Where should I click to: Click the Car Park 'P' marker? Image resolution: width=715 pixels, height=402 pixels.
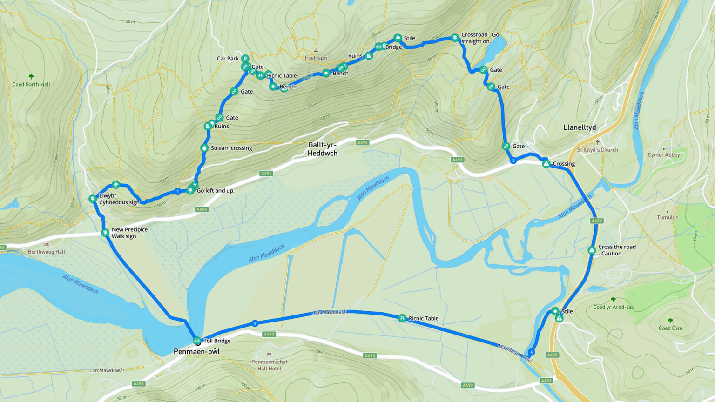pyautogui.click(x=245, y=59)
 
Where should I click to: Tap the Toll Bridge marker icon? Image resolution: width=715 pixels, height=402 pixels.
pyautogui.click(x=197, y=341)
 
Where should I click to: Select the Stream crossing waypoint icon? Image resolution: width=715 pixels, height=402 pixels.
pyautogui.click(x=204, y=148)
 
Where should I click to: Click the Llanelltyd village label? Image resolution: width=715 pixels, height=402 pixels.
pyautogui.click(x=580, y=127)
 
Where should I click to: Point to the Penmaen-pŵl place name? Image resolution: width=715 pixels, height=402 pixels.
pyautogui.click(x=196, y=352)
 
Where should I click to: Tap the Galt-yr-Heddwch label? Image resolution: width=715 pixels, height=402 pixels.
pyautogui.click(x=322, y=149)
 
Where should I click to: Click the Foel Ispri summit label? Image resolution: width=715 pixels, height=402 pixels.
pyautogui.click(x=316, y=58)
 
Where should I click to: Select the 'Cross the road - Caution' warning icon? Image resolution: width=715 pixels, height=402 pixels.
pyautogui.click(x=592, y=250)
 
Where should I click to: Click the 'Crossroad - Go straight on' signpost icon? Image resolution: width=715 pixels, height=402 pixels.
pyautogui.click(x=455, y=38)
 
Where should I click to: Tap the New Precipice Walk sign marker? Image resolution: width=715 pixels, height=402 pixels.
pyautogui.click(x=105, y=233)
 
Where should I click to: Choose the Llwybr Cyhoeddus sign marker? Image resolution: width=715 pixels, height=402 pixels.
pyautogui.click(x=93, y=199)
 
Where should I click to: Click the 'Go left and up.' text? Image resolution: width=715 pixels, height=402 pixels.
pyautogui.click(x=216, y=191)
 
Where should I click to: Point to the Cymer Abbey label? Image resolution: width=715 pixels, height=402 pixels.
pyautogui.click(x=663, y=155)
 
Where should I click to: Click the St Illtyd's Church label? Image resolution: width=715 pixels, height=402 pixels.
pyautogui.click(x=597, y=150)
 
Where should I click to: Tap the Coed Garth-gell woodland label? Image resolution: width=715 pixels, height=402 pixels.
pyautogui.click(x=31, y=85)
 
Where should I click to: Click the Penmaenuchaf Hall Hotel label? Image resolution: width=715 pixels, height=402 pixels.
pyautogui.click(x=270, y=365)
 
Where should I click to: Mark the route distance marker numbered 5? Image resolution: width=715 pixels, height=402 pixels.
pyautogui.click(x=255, y=323)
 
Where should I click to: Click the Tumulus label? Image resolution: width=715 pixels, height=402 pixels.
pyautogui.click(x=668, y=217)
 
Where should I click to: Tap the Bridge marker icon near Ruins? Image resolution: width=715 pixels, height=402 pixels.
pyautogui.click(x=379, y=47)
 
